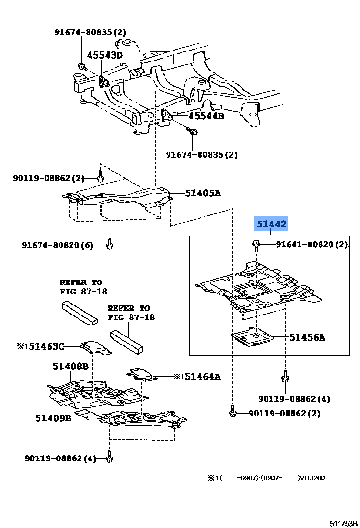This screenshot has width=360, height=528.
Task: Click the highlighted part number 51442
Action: pos(271,224)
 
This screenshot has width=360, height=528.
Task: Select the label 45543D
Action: pos(105,55)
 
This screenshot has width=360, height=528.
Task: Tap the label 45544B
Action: pos(206,116)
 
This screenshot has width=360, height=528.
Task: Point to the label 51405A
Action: pos(203,193)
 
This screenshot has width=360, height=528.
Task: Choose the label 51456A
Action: pos(307,337)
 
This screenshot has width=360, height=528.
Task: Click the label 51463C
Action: pos(46,346)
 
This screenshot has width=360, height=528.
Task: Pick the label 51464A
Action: pos(202,376)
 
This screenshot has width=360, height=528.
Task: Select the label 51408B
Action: pos(70,366)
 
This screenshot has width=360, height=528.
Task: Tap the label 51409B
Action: pos(53,418)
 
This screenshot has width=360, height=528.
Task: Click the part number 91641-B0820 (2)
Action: pos(312,244)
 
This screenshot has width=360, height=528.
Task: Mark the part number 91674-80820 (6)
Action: pos(58,245)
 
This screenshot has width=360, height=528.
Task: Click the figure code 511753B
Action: pos(343,523)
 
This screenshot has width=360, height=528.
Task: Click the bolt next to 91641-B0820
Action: pos(255,245)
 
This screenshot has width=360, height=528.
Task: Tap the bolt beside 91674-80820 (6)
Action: pos(110,244)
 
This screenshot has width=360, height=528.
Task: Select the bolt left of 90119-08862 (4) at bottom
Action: pos(109,457)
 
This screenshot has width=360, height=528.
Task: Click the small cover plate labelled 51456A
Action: pos(252,338)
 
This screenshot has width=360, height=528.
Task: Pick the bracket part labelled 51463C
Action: pos(96,346)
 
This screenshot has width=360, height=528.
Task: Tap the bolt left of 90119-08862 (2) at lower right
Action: pos(232,411)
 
